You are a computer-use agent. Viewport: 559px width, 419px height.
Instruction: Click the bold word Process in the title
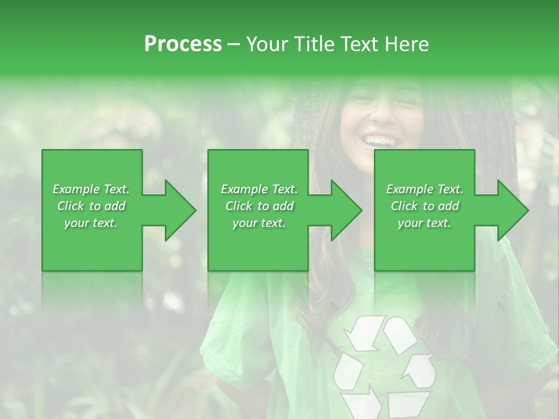pos(183,44)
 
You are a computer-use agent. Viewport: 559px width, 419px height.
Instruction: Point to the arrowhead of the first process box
pos(180,210)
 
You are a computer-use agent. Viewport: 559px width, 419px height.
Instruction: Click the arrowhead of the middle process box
pos(346,210)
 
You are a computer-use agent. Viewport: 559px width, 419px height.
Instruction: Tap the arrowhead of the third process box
pos(513,210)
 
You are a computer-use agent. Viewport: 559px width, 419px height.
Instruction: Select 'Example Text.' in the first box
pos(91,189)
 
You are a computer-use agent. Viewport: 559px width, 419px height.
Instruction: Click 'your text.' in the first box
pos(91,223)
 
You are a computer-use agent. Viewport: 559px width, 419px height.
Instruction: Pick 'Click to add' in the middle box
pos(259,206)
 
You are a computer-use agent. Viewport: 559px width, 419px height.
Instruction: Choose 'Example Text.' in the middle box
pos(259,189)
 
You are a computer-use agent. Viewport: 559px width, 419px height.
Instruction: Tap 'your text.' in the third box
pos(424,223)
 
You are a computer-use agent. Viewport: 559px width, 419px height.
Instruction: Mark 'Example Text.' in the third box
pos(424,189)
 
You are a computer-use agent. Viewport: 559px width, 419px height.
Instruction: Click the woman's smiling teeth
pos(379,140)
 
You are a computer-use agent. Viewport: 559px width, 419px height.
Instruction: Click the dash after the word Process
pos(234,44)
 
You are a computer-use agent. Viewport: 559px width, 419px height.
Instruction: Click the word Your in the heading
pos(267,44)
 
